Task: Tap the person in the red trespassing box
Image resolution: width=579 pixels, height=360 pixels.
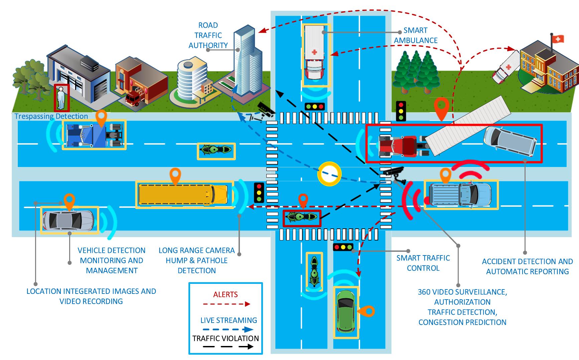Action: (61, 98)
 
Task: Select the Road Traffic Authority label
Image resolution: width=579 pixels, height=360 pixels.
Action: (208, 35)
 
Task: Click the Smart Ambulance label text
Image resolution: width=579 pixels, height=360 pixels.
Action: (415, 35)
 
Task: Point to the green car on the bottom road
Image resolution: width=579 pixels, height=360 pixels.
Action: (346, 312)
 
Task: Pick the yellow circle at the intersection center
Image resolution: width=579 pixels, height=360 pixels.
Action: (329, 174)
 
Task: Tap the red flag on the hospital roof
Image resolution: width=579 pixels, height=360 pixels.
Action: (557, 39)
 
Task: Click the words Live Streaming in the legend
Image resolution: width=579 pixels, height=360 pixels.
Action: (229, 320)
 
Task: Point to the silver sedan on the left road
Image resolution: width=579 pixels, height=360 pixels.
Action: (68, 220)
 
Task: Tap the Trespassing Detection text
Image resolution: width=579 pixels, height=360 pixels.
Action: (51, 116)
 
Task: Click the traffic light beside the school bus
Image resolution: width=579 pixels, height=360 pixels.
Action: (259, 192)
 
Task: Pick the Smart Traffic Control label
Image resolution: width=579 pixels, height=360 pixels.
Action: (423, 263)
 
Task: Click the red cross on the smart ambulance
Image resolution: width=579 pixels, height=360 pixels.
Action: (314, 52)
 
